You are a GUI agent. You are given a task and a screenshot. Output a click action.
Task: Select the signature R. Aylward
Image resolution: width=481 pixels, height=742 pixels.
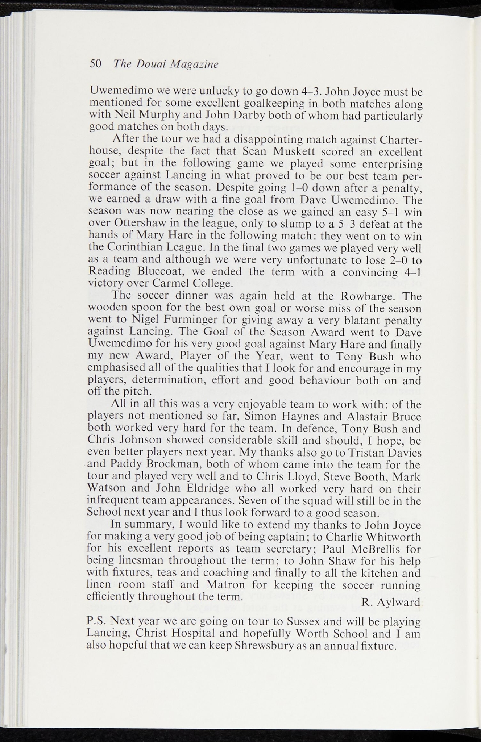[x=391, y=602]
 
